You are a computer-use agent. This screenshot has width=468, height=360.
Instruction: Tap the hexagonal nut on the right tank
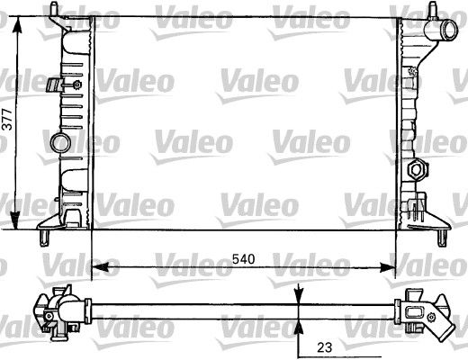pos(417,168)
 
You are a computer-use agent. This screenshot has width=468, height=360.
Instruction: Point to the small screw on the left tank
pos(76,85)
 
